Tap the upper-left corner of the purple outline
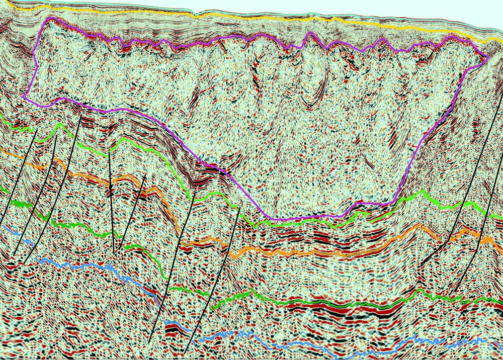point(48,18)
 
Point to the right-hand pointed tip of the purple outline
point(488,57)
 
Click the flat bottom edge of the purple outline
point(307,218)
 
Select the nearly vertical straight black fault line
point(111,201)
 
